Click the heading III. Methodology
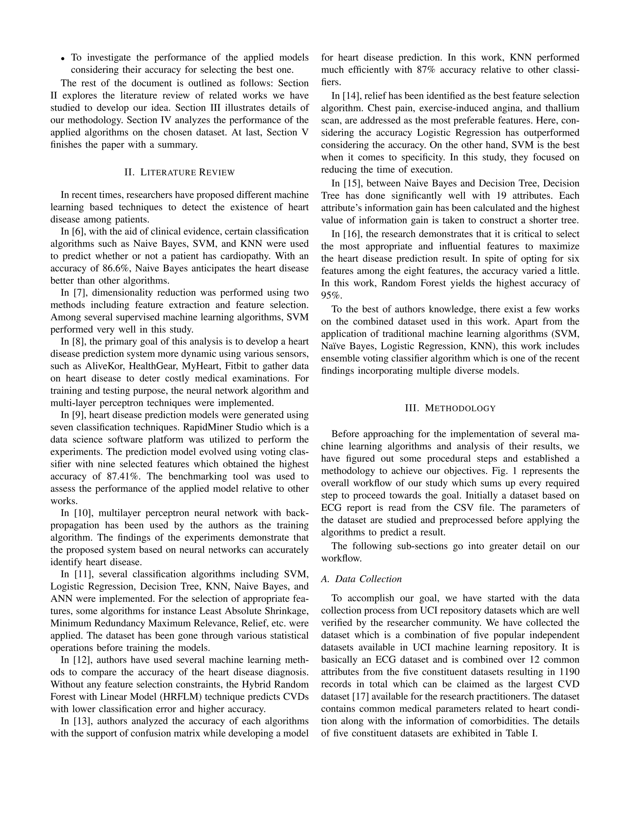click(x=450, y=408)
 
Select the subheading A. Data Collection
click(x=361, y=579)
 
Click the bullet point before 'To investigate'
click(x=63, y=58)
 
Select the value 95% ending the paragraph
click(x=331, y=295)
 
